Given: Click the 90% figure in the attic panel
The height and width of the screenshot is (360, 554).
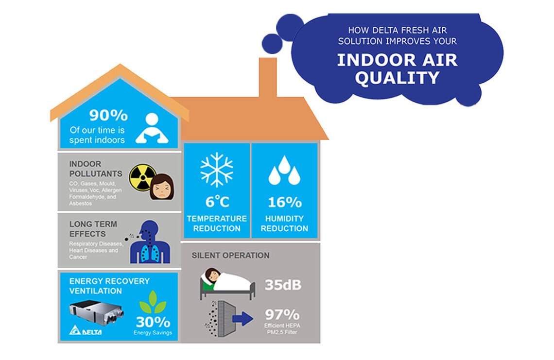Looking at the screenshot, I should (108, 116).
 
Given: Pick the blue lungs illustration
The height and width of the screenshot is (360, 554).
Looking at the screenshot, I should (154, 246).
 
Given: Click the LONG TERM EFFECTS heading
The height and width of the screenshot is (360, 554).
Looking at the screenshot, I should (93, 229).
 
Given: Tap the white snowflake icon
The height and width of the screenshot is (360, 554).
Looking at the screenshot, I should (217, 170).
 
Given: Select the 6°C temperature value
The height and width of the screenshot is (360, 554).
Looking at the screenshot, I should (217, 202).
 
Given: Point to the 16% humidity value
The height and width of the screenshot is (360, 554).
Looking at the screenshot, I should (284, 202).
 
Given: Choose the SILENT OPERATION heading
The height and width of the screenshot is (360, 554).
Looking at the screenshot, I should (230, 255).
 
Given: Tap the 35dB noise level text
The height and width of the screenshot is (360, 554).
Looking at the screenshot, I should (282, 285).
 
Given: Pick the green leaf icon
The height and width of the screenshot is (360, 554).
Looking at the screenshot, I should (152, 302).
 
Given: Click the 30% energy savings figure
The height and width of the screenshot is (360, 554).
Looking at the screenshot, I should (153, 322).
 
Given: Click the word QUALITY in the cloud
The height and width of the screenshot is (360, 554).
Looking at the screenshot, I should (397, 78).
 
